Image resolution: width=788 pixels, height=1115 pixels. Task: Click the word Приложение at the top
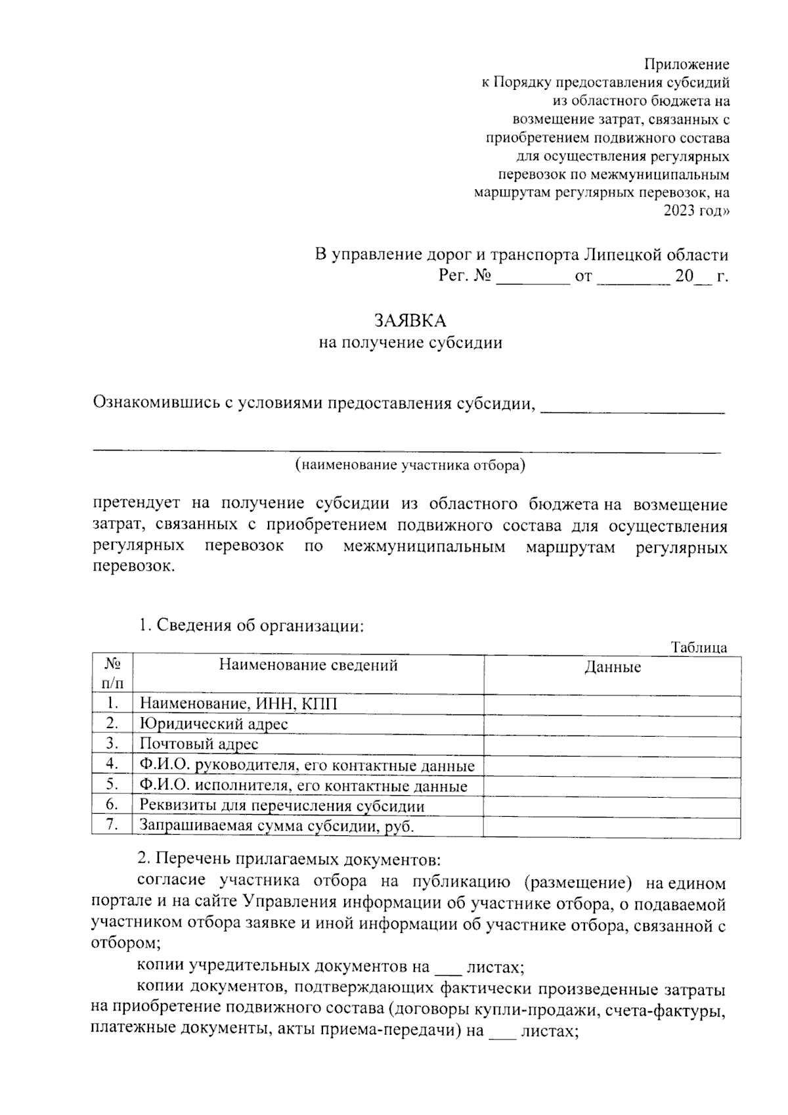tap(686, 64)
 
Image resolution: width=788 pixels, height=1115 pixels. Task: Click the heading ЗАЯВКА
tap(410, 320)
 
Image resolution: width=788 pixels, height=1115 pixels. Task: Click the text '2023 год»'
tap(696, 211)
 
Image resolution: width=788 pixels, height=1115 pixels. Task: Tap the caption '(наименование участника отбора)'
tap(410, 466)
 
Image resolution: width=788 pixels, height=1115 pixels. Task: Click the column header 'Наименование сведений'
tap(308, 665)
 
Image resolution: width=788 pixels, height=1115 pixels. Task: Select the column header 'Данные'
tap(612, 668)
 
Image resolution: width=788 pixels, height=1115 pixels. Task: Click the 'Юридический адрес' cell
tap(214, 724)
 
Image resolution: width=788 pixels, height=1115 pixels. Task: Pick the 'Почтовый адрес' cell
tap(199, 744)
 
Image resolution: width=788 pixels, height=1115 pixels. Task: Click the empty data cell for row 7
tap(612, 826)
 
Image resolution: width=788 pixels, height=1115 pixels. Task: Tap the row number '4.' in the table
tap(112, 764)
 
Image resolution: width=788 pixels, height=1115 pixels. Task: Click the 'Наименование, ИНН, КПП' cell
tap(238, 704)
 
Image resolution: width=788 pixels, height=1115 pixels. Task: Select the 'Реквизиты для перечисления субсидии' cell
tap(282, 806)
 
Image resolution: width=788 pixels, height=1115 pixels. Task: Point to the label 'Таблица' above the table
tap(699, 647)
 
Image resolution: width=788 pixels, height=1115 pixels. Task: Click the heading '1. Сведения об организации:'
tap(251, 625)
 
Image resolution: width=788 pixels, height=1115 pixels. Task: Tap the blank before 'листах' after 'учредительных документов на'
tap(449, 967)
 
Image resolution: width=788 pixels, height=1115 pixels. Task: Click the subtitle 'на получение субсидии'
tap(410, 343)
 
